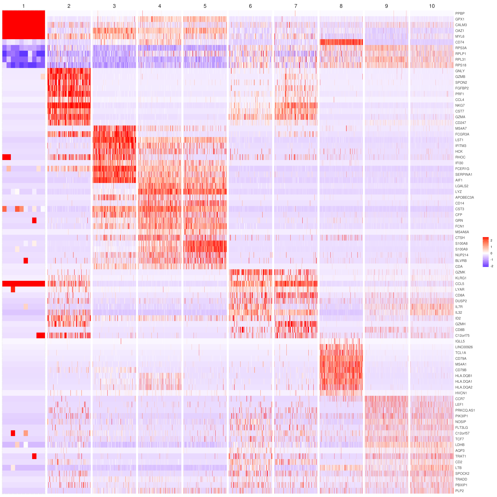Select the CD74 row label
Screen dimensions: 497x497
[x=459, y=42]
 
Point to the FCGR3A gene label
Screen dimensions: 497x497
[x=462, y=134]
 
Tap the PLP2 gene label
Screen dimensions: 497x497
[x=459, y=491]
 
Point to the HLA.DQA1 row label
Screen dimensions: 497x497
[x=464, y=382]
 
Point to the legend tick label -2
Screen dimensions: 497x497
[x=492, y=266]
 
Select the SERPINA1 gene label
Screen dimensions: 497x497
[x=464, y=174]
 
